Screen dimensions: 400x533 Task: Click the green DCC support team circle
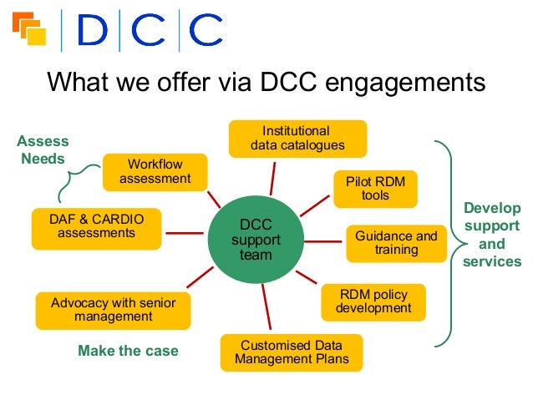(256, 241)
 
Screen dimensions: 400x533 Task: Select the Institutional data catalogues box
(297, 139)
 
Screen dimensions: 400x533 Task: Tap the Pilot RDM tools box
(375, 189)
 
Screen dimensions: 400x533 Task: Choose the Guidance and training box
(396, 243)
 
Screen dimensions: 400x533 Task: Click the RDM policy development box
(373, 301)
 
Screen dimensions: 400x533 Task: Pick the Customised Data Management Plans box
(292, 352)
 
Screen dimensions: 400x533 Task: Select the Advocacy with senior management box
(113, 310)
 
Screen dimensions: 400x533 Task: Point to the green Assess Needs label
(43, 150)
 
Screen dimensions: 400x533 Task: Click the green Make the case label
(128, 351)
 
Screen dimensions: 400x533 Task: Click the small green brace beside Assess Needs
(73, 180)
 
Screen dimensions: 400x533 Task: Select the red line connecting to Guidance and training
(324, 241)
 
